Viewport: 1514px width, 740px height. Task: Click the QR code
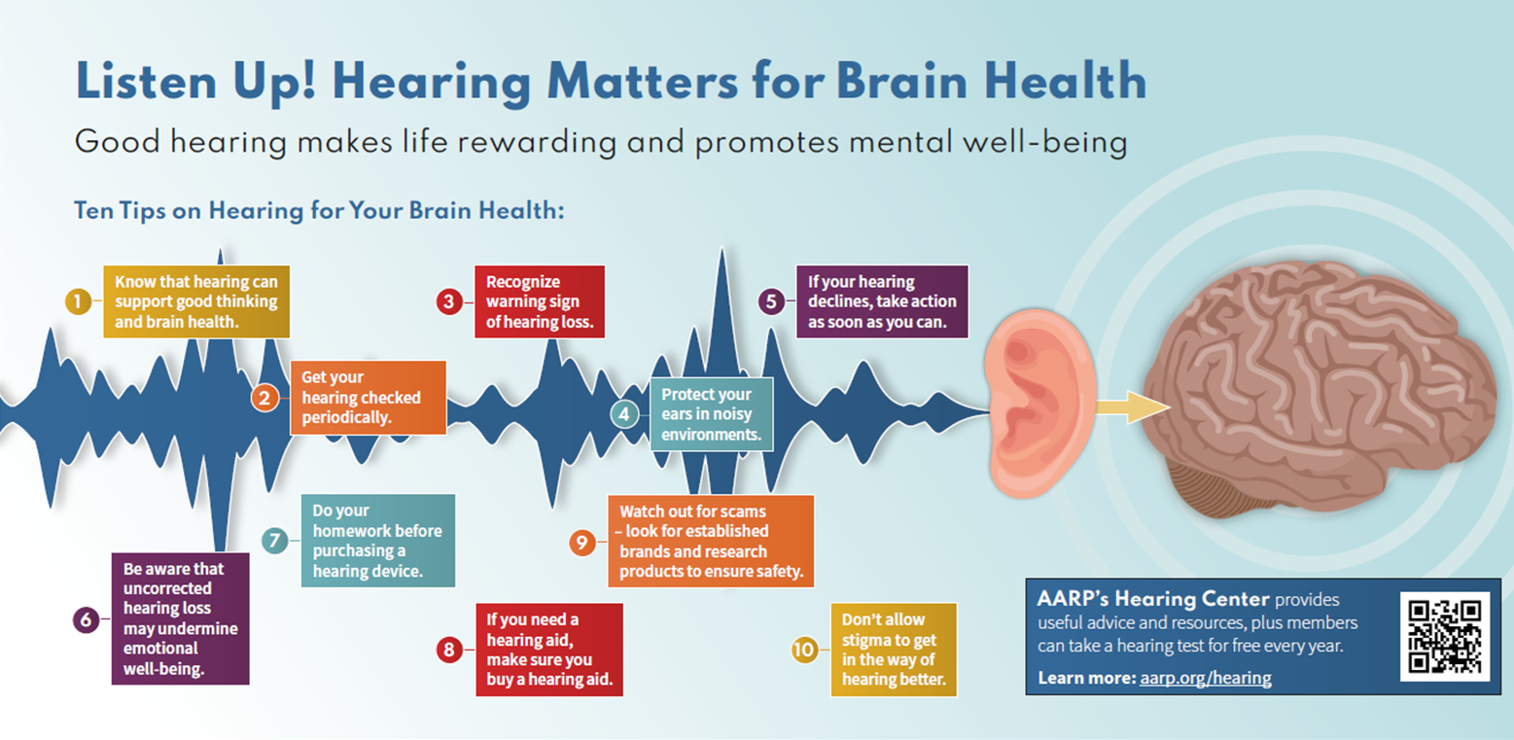[x=1444, y=636]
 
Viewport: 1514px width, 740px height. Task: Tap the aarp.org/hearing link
[x=1205, y=679]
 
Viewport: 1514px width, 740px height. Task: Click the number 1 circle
[x=78, y=301]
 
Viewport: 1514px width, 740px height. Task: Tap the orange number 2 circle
[x=264, y=397]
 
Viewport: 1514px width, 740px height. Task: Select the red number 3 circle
[x=448, y=301]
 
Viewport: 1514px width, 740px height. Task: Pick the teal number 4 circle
[x=624, y=414]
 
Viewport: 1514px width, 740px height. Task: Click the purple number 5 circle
[x=771, y=301]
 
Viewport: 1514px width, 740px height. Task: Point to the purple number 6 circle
[x=86, y=619]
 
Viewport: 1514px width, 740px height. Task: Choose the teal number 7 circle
[x=275, y=540]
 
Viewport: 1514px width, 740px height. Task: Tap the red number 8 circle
[x=449, y=650]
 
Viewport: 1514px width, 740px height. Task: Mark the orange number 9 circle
[x=581, y=542]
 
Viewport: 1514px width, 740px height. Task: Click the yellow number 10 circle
[x=804, y=650]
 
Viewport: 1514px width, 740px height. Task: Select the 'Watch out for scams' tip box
[x=711, y=541]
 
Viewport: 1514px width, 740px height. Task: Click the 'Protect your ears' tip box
[x=711, y=414]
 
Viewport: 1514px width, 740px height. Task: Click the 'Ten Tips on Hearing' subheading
[x=319, y=210]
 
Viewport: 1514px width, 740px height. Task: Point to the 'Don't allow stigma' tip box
[x=893, y=650]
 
